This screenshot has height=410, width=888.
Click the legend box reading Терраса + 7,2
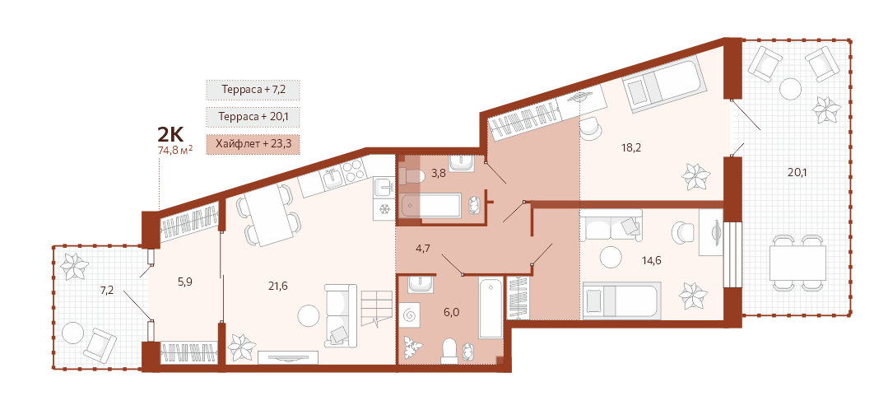point(253,90)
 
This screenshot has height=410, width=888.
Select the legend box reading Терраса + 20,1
point(253,117)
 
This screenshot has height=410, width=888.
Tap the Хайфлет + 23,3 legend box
point(253,144)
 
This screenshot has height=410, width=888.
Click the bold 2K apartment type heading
point(170,134)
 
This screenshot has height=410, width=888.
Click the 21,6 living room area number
point(278,286)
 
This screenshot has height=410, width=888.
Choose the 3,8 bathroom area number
point(439,174)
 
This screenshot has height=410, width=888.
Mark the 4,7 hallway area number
point(421,248)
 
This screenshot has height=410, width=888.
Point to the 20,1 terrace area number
point(797,172)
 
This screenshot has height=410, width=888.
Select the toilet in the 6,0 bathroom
point(450,350)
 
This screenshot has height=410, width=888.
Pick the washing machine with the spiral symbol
point(410,313)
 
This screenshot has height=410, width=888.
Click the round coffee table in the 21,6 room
point(309,314)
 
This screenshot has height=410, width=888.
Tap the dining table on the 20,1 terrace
point(797,261)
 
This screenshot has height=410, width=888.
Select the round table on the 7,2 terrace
point(72,333)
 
